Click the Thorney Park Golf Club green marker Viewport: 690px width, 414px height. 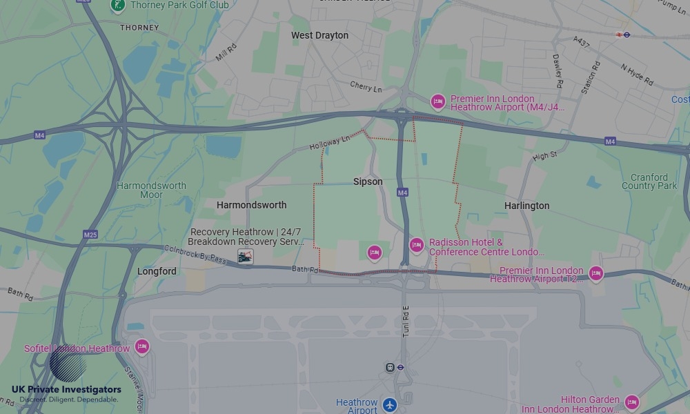click(118, 6)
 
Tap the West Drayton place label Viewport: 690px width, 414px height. click(319, 35)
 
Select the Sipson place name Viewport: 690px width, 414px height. click(368, 181)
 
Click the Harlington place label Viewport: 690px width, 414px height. click(526, 206)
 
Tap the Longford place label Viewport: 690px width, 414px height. click(157, 271)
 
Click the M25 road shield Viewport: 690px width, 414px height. click(90, 235)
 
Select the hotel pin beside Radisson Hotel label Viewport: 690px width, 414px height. click(416, 246)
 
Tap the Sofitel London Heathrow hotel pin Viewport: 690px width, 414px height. click(142, 346)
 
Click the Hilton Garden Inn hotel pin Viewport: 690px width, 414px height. click(631, 402)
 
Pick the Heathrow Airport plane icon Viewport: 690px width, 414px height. click(391, 404)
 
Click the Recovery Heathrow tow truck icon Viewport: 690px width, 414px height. click(245, 257)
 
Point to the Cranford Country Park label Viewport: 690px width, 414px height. click(649, 181)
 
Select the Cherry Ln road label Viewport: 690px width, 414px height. click(366, 88)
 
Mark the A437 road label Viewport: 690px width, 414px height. click(581, 42)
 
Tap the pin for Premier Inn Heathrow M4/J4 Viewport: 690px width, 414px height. click(437, 102)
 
